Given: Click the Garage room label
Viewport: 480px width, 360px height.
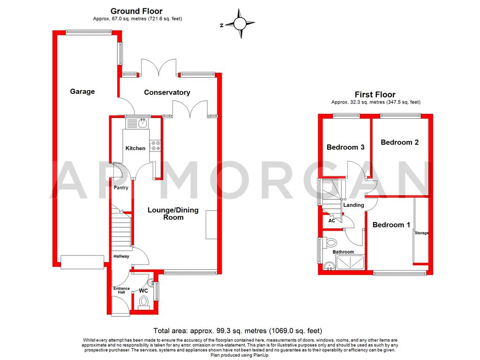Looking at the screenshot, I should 82,91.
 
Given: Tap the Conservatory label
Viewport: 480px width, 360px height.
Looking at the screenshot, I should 167,92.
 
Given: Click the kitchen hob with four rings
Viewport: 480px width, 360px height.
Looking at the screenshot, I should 155,146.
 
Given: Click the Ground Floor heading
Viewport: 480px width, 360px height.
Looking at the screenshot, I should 136,11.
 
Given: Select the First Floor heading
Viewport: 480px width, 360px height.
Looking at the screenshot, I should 375,95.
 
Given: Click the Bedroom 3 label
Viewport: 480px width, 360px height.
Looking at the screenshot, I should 345,147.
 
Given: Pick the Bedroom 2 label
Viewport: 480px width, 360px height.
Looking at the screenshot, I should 399,142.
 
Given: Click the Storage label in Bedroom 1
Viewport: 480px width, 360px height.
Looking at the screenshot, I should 421,233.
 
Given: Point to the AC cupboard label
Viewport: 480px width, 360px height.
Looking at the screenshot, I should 331,220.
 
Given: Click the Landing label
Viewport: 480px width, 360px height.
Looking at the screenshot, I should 353,205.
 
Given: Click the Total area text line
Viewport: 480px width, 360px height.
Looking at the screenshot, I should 238,330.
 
